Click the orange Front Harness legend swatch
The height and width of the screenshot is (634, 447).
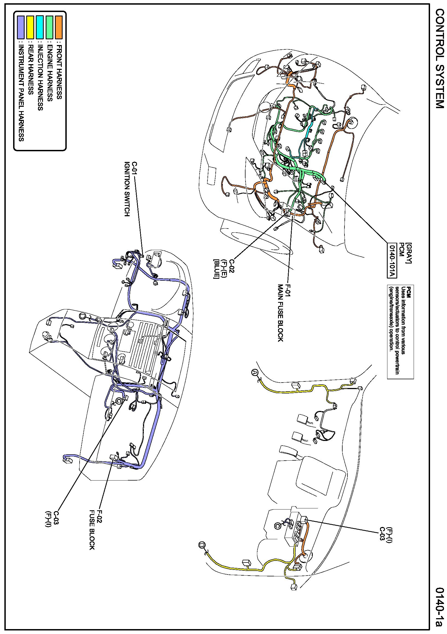click(x=59, y=27)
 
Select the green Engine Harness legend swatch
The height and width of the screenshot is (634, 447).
click(x=49, y=27)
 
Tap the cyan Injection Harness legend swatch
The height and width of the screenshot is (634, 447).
click(x=40, y=27)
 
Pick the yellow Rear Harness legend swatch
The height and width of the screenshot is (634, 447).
click(x=30, y=27)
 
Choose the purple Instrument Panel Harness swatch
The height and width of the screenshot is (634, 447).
click(x=21, y=27)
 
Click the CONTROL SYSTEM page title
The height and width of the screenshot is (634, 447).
click(x=440, y=62)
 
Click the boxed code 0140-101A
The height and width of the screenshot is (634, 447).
click(x=392, y=260)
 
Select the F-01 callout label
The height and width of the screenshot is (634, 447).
click(x=288, y=290)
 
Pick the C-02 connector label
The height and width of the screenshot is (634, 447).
click(x=232, y=265)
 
